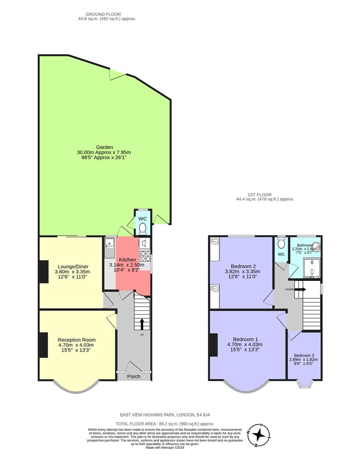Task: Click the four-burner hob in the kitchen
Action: coord(145,255)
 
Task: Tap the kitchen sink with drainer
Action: coord(109,249)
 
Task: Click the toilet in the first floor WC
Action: coord(281,243)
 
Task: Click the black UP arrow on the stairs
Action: coord(142,324)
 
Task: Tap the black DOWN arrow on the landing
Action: coord(300,289)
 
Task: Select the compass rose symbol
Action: coord(259,434)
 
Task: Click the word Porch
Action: coord(134,377)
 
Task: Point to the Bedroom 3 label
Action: coord(303,355)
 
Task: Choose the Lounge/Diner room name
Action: coord(72,266)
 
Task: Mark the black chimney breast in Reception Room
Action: coord(43,345)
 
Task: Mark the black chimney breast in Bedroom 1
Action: coord(214,345)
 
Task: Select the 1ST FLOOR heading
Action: coord(259,194)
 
